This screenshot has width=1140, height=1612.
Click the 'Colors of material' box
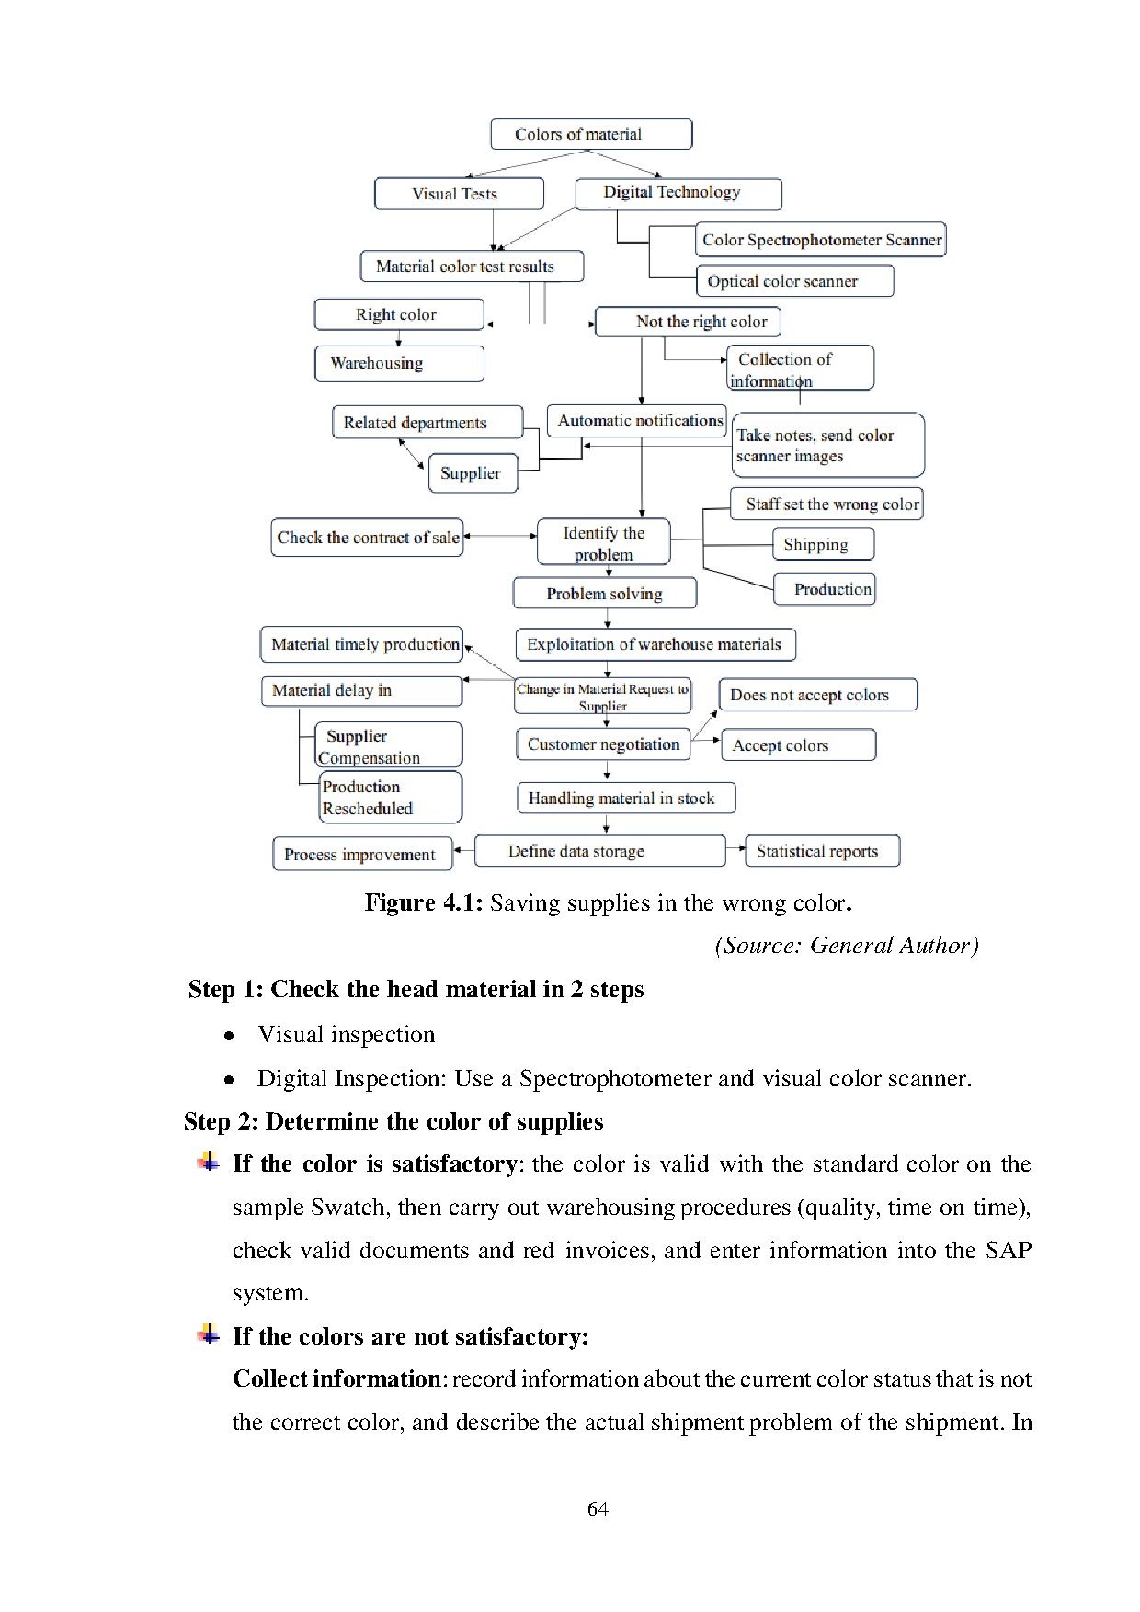[x=591, y=134]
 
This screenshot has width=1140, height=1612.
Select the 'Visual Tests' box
[x=459, y=194]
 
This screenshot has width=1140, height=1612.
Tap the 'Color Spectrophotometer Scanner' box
[x=821, y=240]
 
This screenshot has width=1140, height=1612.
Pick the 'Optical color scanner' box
[x=795, y=281]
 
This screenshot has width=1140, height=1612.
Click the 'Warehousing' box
[x=398, y=363]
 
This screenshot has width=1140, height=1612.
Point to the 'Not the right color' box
[x=689, y=322]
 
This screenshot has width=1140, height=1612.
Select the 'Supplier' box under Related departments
[x=473, y=473]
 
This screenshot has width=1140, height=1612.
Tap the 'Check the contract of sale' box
[x=367, y=538]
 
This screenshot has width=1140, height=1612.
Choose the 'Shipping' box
[x=823, y=544]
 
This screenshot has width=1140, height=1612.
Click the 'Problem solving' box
[x=604, y=594]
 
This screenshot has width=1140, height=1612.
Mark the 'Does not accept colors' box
[x=817, y=695]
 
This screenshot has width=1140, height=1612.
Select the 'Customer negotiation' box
[x=602, y=744]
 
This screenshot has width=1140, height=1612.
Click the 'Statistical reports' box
[x=821, y=851]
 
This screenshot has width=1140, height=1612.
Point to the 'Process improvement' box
[x=362, y=854]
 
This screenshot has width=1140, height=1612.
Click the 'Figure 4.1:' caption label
[x=423, y=902]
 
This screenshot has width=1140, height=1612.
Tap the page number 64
[x=598, y=1508]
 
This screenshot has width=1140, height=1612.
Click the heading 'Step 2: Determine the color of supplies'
[x=393, y=1121]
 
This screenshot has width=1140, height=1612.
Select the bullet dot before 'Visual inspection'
[x=229, y=1036]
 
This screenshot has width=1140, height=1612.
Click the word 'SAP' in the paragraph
[x=1008, y=1250]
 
